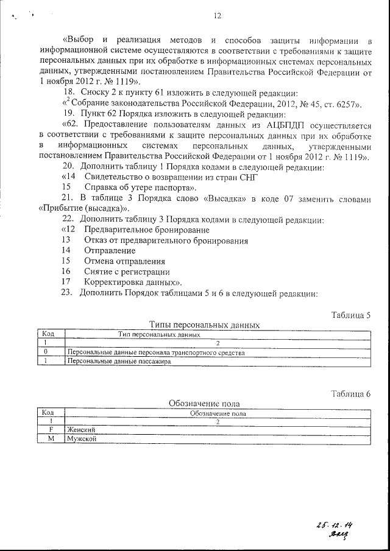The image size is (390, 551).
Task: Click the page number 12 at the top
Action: [x=218, y=16]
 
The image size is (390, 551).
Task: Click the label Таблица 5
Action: [x=351, y=315]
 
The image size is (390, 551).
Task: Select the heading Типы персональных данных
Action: [x=205, y=325]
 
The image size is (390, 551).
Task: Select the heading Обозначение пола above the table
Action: [x=204, y=403]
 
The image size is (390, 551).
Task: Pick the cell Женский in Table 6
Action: [x=81, y=429]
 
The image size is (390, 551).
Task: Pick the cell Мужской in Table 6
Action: [x=82, y=438]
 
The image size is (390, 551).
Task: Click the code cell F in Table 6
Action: [x=51, y=429]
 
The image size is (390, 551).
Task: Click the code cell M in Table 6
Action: [x=51, y=438]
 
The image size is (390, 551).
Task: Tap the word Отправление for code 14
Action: [x=110, y=251]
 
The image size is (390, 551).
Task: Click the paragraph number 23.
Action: [x=67, y=293]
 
